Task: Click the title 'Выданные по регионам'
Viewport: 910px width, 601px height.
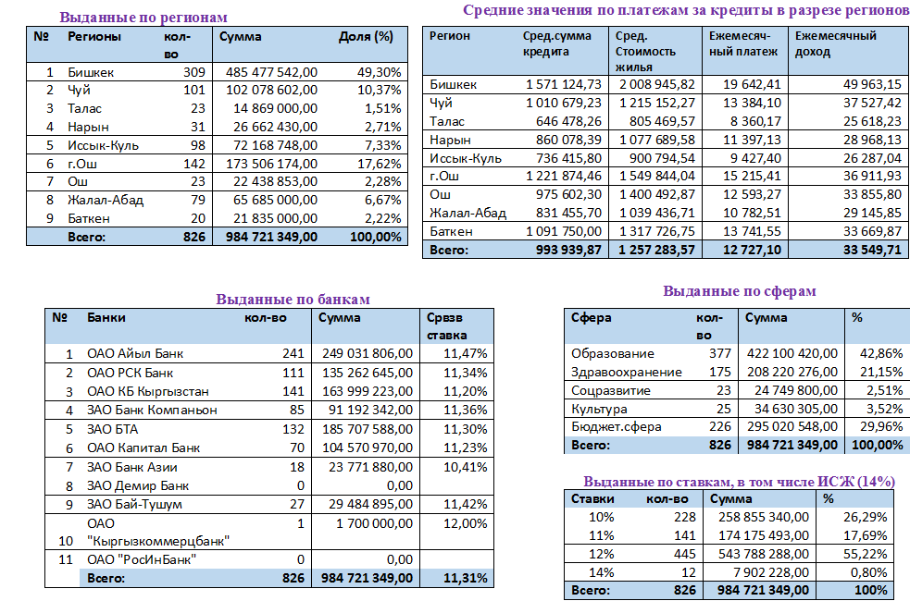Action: point(143,17)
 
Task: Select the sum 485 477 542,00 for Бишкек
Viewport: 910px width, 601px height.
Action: point(269,72)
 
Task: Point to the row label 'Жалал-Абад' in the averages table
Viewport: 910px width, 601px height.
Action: point(467,213)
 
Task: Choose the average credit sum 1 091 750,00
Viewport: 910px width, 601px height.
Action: point(564,231)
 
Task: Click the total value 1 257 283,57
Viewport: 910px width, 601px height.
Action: point(655,250)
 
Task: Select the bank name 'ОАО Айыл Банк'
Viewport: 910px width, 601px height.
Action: point(135,353)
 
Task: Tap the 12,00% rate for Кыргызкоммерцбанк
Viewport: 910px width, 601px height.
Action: point(466,523)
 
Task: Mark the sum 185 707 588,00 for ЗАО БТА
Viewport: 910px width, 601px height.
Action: point(367,429)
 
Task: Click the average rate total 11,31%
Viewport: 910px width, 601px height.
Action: point(466,578)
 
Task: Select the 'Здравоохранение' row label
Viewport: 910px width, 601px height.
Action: point(626,372)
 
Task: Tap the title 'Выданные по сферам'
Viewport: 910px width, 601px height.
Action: point(740,291)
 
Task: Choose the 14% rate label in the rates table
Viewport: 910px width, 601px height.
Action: point(602,572)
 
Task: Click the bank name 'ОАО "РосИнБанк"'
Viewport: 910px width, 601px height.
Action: point(143,559)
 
